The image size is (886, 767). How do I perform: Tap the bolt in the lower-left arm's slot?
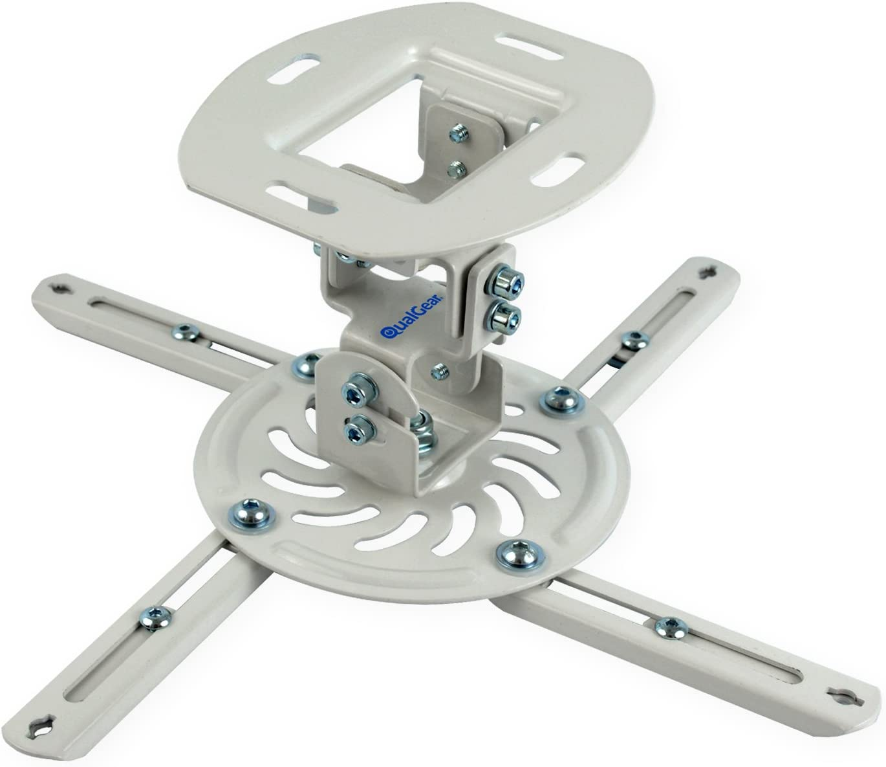(x=155, y=613)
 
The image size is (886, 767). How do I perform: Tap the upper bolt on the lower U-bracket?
(x=354, y=391)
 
